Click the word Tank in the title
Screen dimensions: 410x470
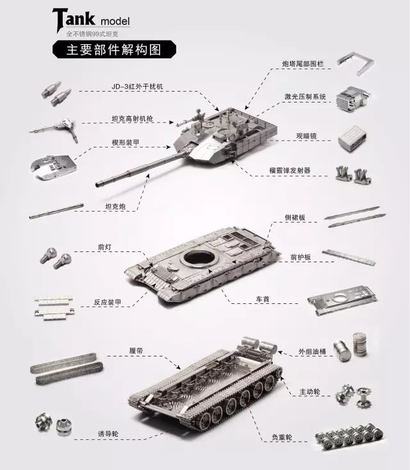click(x=74, y=19)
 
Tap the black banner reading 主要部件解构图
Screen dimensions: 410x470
click(x=114, y=49)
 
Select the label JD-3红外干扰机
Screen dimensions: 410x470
click(x=137, y=87)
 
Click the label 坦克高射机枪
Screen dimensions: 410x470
click(x=133, y=119)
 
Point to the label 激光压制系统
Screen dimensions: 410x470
click(x=305, y=97)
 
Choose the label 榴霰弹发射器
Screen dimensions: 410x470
click(x=290, y=171)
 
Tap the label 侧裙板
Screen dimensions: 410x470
click(x=295, y=217)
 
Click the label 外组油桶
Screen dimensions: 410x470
click(x=312, y=351)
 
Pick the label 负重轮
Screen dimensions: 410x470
click(x=282, y=437)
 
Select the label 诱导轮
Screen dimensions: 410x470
click(x=108, y=433)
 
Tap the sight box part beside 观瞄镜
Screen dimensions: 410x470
click(x=352, y=138)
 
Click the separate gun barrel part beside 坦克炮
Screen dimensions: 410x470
click(x=56, y=212)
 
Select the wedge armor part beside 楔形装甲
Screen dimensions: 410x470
click(x=53, y=167)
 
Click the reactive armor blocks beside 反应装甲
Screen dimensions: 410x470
click(x=54, y=308)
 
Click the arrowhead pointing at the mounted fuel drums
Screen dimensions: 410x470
click(x=280, y=351)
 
